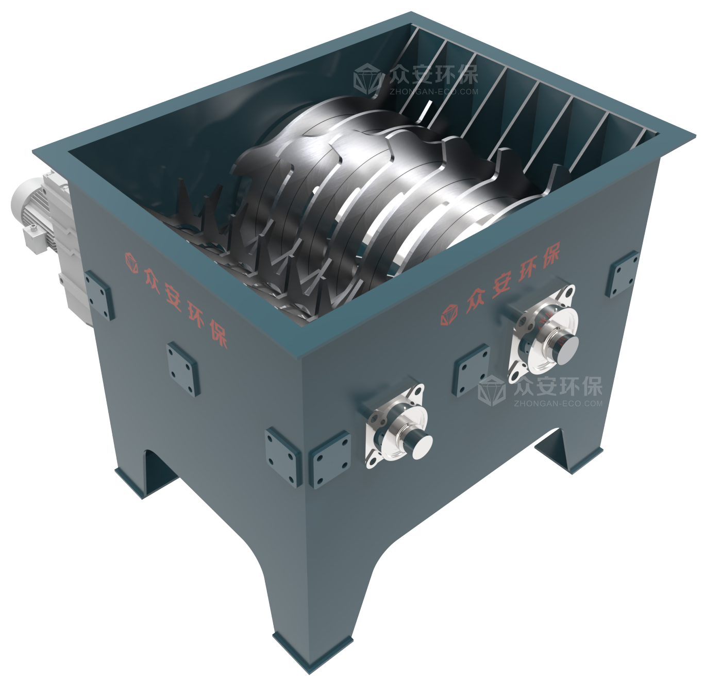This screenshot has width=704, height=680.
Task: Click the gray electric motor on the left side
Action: point(43,231)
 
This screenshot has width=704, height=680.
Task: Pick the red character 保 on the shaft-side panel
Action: point(547,255)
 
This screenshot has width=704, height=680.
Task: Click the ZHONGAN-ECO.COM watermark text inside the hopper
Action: point(434,92)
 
